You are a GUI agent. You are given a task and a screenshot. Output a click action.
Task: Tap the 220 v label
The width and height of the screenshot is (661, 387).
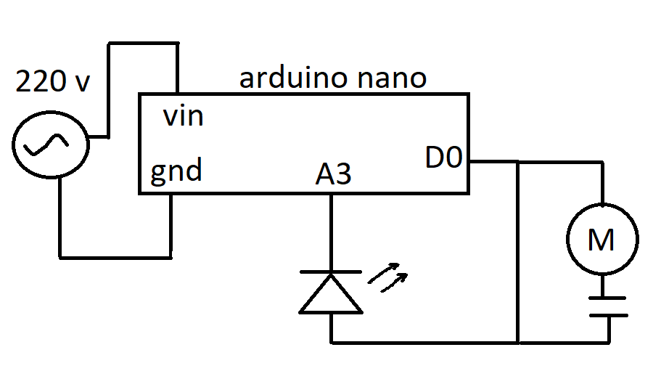[52, 81]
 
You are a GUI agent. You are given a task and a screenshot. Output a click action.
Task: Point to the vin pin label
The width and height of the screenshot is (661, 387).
[182, 115]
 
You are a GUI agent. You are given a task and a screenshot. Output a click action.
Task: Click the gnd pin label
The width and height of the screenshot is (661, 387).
[176, 173]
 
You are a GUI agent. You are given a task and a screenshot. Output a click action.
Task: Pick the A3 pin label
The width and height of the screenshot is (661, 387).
[333, 175]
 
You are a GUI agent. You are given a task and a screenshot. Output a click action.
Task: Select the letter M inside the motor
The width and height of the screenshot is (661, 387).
[601, 240]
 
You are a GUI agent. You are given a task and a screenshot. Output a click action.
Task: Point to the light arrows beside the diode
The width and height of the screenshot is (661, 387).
[388, 278]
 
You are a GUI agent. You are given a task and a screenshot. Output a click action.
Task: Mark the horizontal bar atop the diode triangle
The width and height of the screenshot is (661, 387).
[331, 272]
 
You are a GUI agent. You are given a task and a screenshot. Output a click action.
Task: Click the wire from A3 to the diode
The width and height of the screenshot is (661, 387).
[331, 232]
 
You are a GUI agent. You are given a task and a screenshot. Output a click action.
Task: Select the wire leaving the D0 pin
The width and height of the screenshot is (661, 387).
[493, 161]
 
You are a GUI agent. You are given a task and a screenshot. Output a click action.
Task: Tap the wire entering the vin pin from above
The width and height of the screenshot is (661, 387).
[178, 69]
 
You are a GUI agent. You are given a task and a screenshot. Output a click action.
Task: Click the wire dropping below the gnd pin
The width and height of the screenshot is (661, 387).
[173, 225]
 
